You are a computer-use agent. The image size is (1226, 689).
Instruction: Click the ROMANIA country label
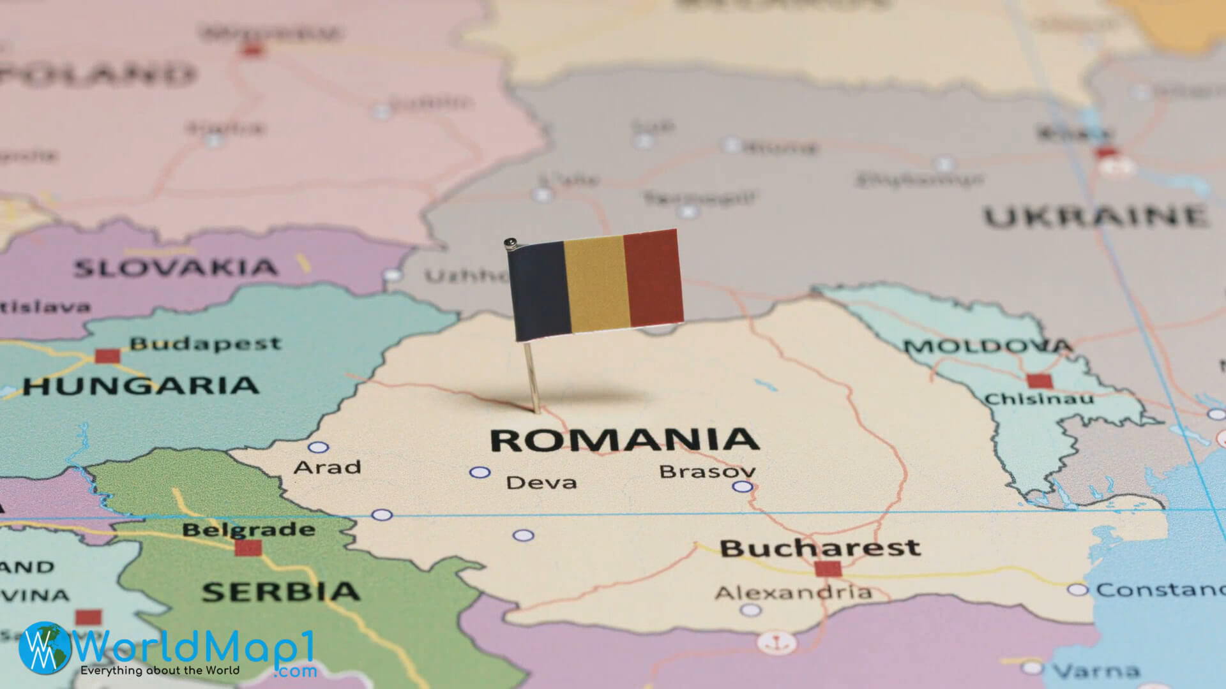[x=624, y=440]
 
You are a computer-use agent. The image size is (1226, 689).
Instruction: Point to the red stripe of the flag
[x=653, y=278]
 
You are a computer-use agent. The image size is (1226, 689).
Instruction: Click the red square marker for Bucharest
[x=828, y=568]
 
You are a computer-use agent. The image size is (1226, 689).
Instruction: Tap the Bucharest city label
[x=820, y=547]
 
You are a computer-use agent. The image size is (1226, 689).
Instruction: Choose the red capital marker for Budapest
[x=107, y=356]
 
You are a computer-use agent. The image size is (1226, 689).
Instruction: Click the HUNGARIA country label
[x=140, y=385]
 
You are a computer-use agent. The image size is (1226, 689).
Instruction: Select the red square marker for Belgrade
[x=248, y=547]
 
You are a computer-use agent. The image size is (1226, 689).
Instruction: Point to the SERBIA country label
[x=281, y=591]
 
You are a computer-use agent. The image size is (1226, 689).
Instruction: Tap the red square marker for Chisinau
[x=1039, y=382]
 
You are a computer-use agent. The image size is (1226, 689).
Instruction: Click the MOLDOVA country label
[x=987, y=346]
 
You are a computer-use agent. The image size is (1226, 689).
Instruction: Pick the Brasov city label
[x=708, y=471]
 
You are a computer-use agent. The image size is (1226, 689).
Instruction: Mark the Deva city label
[x=541, y=482]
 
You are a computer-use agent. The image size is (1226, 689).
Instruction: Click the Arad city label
[x=327, y=467]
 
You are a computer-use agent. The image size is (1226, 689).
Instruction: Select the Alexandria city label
[x=793, y=593]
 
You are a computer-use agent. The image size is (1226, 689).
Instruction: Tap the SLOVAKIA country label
[x=176, y=268]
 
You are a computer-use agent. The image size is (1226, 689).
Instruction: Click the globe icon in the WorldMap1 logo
[x=45, y=648]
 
